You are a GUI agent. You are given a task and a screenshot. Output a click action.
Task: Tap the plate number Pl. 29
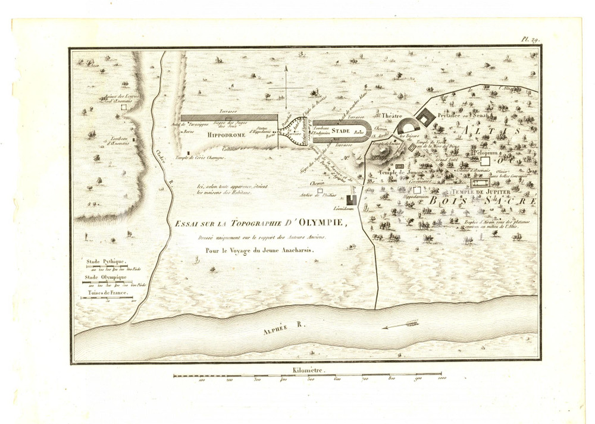point(530,40)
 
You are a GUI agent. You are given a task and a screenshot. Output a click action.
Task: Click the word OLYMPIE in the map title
point(312,224)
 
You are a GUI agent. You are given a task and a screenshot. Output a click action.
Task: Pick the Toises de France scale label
point(106,294)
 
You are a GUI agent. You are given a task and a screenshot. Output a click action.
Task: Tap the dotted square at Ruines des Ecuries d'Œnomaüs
point(124,109)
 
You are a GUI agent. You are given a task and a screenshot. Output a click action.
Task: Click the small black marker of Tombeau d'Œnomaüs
point(134,140)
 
